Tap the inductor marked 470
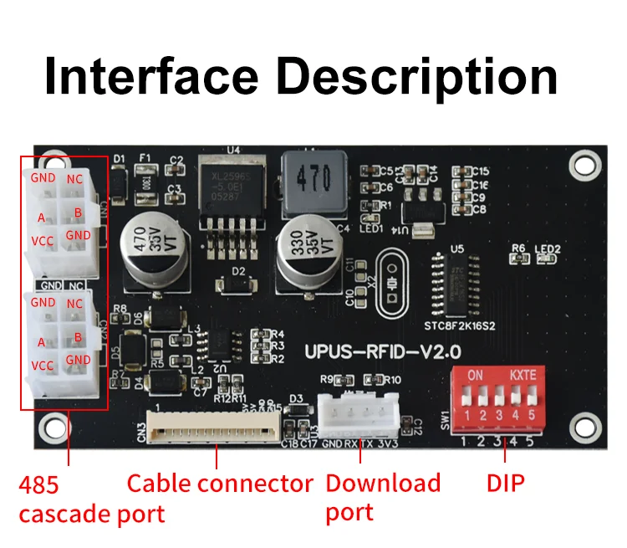point(313,177)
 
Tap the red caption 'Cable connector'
point(219,484)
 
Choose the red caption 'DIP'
point(506,484)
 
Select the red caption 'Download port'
point(382,497)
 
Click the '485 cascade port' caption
point(91,499)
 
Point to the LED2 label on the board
point(548,249)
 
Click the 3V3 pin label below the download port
point(387,443)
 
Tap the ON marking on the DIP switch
point(475,374)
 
